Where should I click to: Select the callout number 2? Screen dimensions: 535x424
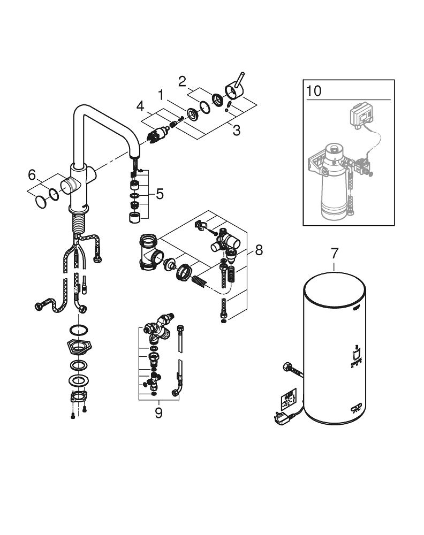point(182,82)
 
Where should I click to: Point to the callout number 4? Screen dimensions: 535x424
point(140,106)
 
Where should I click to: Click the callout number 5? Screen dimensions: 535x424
point(159,194)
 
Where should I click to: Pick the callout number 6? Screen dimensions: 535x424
point(32,174)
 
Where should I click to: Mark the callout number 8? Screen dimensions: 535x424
point(259,249)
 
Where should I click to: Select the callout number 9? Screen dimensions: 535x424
point(158,413)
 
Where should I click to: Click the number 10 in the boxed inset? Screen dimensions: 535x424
point(314,90)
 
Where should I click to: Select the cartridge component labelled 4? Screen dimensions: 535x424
point(155,135)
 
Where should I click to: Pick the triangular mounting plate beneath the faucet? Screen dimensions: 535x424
point(78,347)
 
